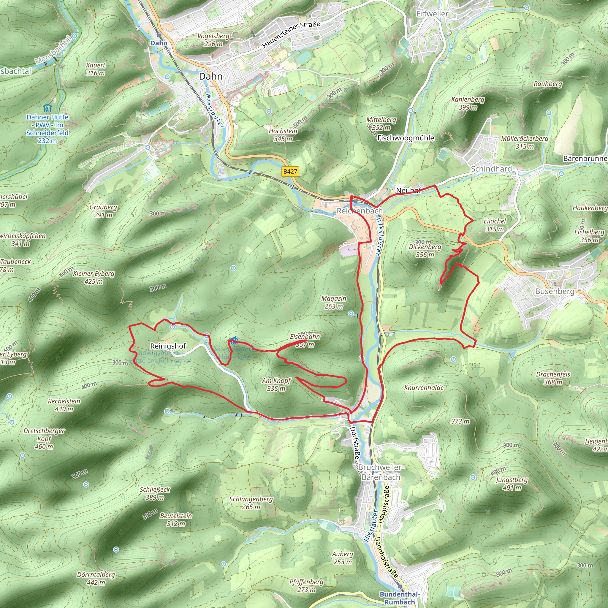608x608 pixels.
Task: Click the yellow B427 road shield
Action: point(290,172)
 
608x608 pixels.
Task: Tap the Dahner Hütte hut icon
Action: point(47,108)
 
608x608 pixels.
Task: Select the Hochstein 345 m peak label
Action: point(283,135)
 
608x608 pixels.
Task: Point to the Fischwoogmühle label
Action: point(406,138)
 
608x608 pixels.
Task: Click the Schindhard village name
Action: point(491,169)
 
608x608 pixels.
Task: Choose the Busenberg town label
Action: point(555,291)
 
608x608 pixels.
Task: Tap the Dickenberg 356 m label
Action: point(425,251)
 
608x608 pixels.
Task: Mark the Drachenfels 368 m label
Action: point(553,378)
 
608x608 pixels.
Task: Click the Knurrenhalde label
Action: point(424,388)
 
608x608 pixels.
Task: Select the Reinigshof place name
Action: point(168,346)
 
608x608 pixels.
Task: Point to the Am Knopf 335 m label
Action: point(276,384)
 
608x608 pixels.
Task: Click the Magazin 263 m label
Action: point(334,302)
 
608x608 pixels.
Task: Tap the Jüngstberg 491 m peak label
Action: point(512,484)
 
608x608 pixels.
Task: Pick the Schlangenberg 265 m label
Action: point(251,503)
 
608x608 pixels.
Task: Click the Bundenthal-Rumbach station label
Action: point(399,598)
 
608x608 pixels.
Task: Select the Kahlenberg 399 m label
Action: point(468,103)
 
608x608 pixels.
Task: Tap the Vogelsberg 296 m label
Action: point(213,40)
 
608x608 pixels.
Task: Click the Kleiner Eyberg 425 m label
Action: point(94,277)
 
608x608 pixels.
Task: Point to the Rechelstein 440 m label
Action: point(64,405)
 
